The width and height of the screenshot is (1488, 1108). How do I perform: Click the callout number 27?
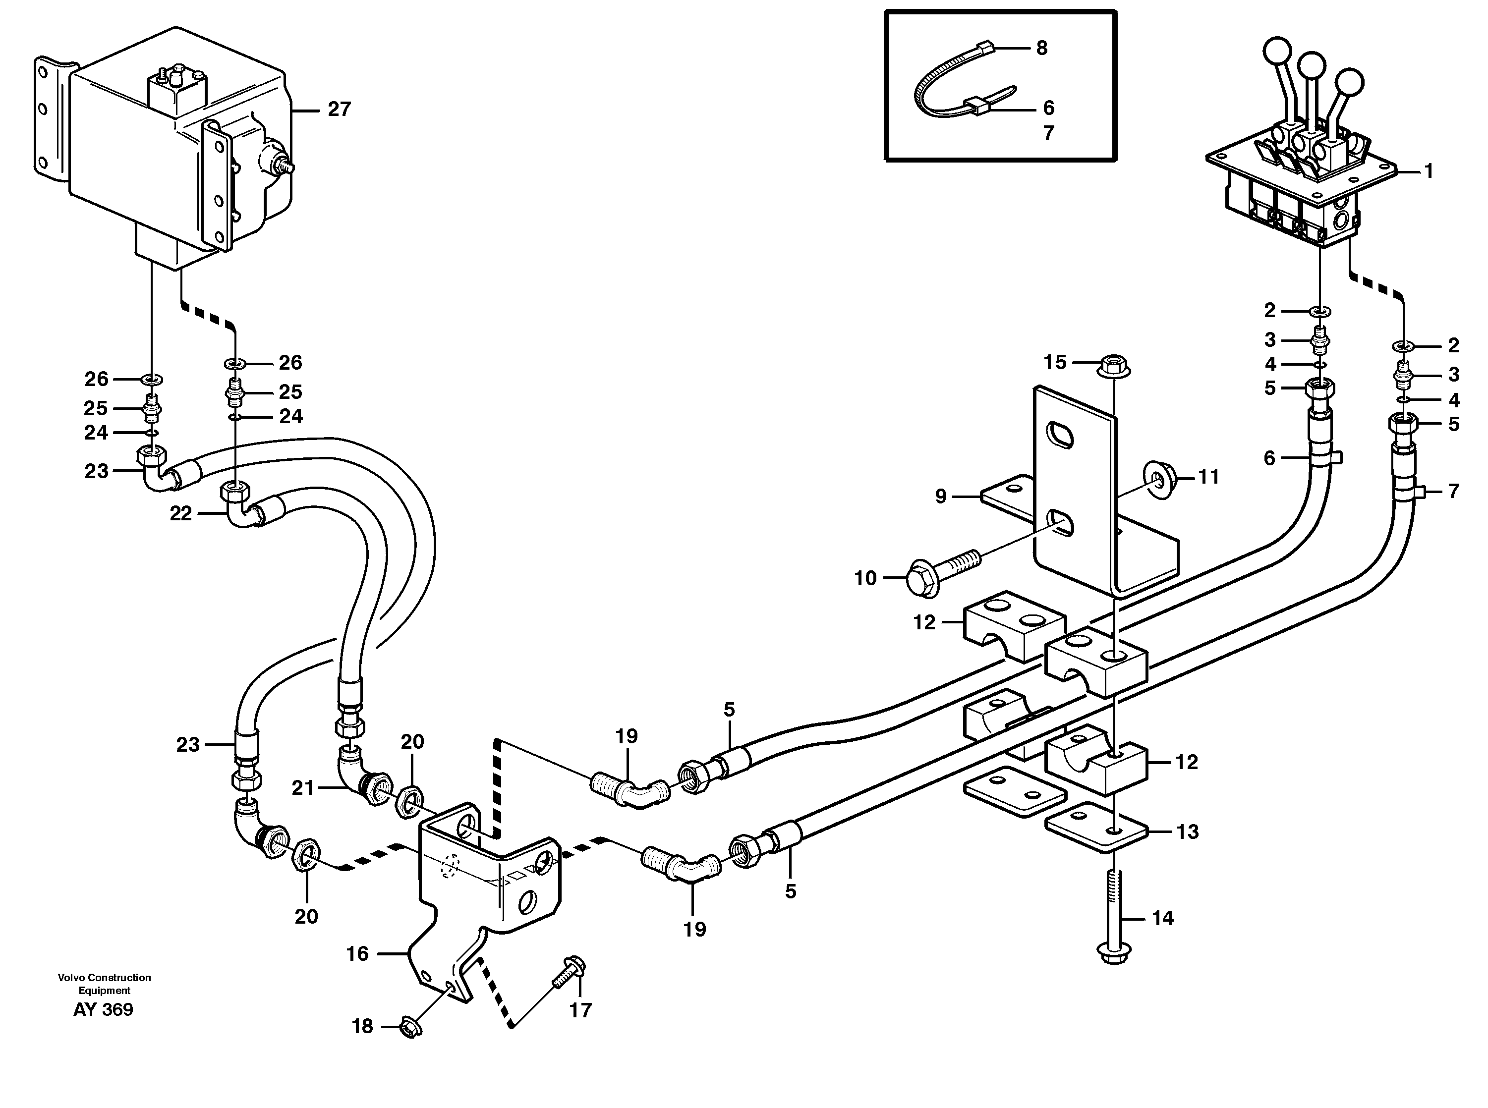point(339,110)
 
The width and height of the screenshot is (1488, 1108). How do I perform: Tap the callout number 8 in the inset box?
point(1041,48)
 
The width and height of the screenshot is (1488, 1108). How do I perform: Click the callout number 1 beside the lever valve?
point(1429,171)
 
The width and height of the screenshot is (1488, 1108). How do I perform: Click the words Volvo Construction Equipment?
point(104,984)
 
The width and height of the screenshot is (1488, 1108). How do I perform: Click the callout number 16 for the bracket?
point(357,954)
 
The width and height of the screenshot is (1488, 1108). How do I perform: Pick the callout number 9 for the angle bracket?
point(941,497)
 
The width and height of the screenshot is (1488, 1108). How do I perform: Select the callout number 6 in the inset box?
point(1048,108)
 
